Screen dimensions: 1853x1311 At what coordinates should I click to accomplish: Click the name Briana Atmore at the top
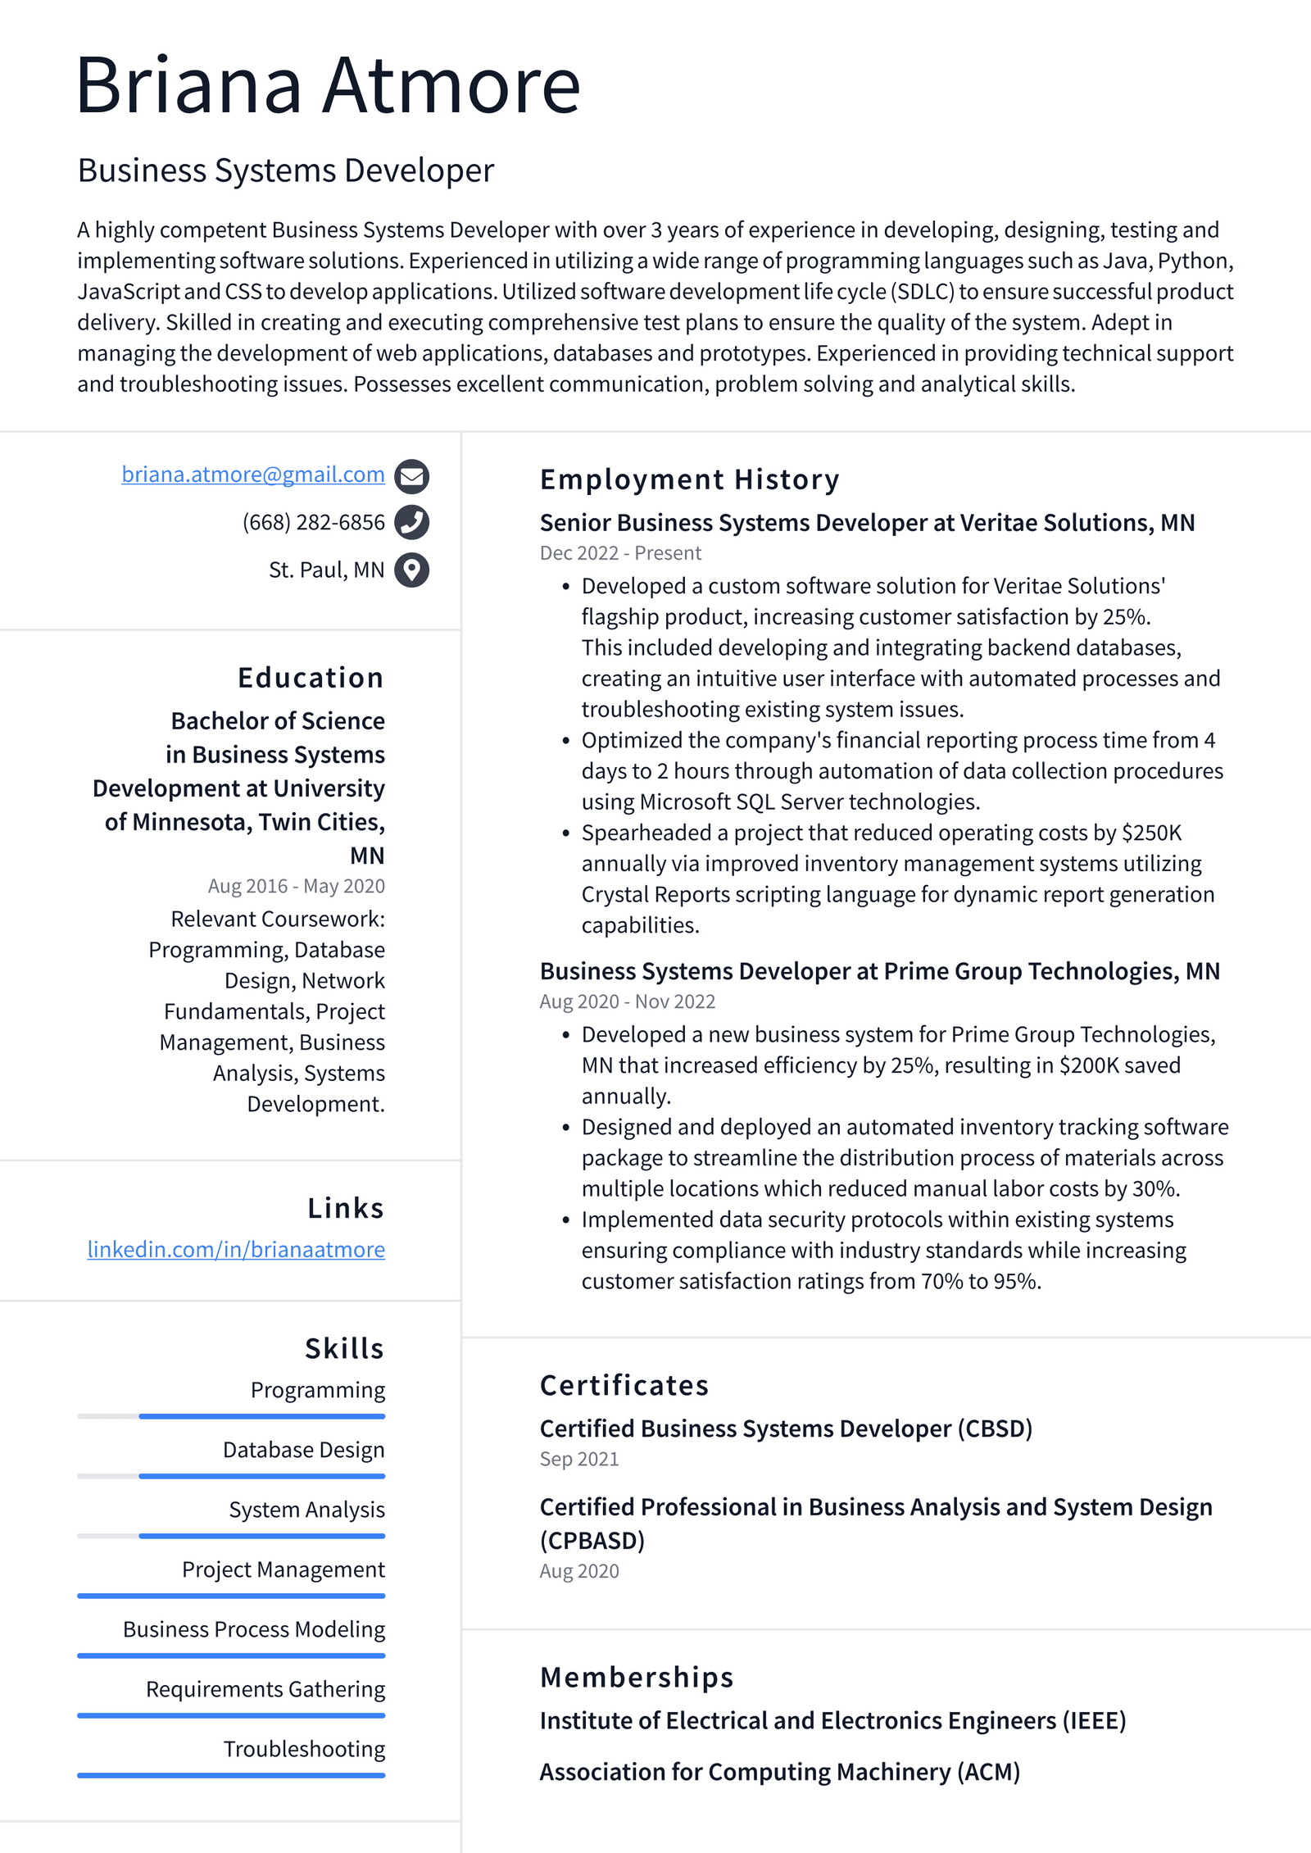pos(328,85)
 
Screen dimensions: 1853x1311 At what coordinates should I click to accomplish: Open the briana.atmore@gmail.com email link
pos(252,475)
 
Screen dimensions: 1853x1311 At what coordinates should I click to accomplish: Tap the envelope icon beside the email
pos(411,476)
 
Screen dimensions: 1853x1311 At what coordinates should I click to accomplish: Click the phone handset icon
pos(411,522)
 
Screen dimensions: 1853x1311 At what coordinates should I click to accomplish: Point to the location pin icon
pos(411,570)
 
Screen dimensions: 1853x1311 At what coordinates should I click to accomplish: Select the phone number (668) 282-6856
pos(313,522)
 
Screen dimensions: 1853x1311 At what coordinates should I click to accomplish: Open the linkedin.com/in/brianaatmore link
pos(236,1249)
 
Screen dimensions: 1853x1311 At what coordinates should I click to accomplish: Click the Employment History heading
pos(689,479)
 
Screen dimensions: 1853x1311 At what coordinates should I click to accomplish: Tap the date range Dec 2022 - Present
pos(620,553)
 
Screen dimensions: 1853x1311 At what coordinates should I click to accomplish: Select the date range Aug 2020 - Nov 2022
pos(627,1001)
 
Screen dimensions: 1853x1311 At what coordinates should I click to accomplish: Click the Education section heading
pos(311,678)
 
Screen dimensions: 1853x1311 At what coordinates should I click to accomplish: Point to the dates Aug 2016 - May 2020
pos(296,886)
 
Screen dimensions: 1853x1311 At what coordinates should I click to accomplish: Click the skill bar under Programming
pos(262,1416)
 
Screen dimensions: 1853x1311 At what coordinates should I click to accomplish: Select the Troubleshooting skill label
pos(304,1749)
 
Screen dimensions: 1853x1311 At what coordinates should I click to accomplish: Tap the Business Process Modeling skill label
pos(254,1629)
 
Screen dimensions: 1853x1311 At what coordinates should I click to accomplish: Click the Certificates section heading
pos(624,1385)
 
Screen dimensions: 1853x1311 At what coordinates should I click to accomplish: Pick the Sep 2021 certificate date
pos(578,1459)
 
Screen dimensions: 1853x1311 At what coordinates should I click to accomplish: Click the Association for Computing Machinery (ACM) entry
pos(779,1772)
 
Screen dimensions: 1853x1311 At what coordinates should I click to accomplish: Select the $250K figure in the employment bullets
pos(1151,833)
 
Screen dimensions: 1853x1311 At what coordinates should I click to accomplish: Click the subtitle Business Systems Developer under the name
pos(286,170)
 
